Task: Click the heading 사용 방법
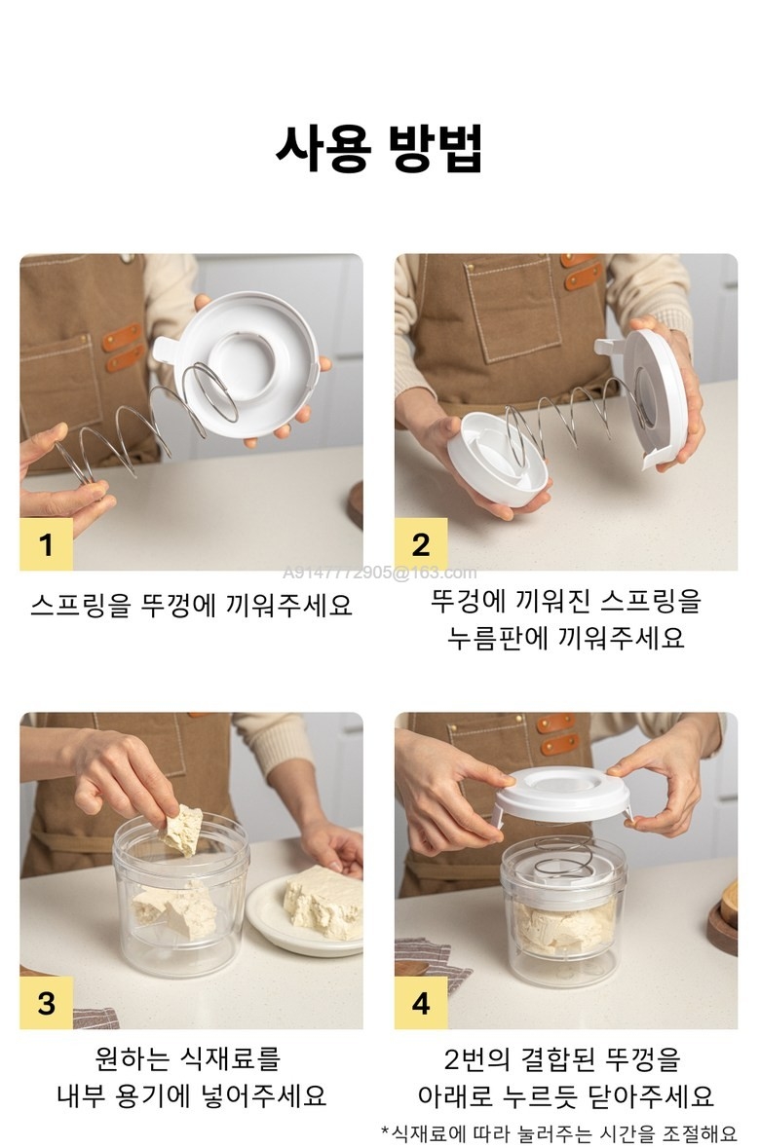coord(379,149)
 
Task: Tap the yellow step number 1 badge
coord(46,544)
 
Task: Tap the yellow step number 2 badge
coord(421,544)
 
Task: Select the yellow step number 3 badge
coord(46,1002)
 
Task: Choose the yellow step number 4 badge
coord(421,1002)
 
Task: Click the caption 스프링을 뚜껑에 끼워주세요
coord(191,605)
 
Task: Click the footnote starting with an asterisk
coord(558,1133)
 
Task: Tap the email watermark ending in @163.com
coord(380,573)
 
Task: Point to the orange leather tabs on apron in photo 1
coord(122,347)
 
